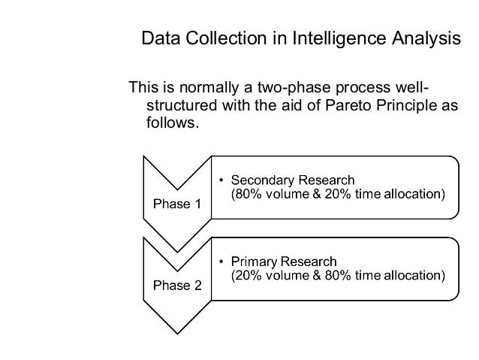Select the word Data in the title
pyautogui.click(x=158, y=38)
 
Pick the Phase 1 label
pyautogui.click(x=177, y=204)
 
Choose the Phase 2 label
pyautogui.click(x=177, y=286)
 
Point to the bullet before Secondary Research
pyautogui.click(x=220, y=181)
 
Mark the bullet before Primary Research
pyautogui.click(x=220, y=262)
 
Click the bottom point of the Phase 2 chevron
pyautogui.click(x=177, y=333)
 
